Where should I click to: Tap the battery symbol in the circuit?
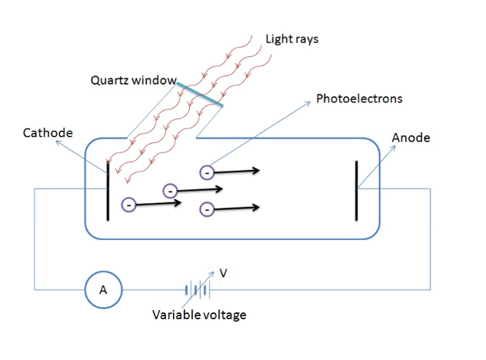coord(197,291)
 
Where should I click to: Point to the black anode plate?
coord(356,190)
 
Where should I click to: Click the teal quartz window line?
coord(199,94)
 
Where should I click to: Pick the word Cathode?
coord(48,133)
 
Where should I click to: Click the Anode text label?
coord(411,138)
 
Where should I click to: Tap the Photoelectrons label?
coord(359,99)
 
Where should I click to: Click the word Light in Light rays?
coord(278,38)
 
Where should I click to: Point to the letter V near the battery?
coord(224,272)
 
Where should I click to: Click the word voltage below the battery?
coord(226,315)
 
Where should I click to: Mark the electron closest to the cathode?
coord(128,205)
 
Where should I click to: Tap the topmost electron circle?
coord(205,172)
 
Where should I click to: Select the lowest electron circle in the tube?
coord(205,208)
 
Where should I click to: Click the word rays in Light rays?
coord(306,38)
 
